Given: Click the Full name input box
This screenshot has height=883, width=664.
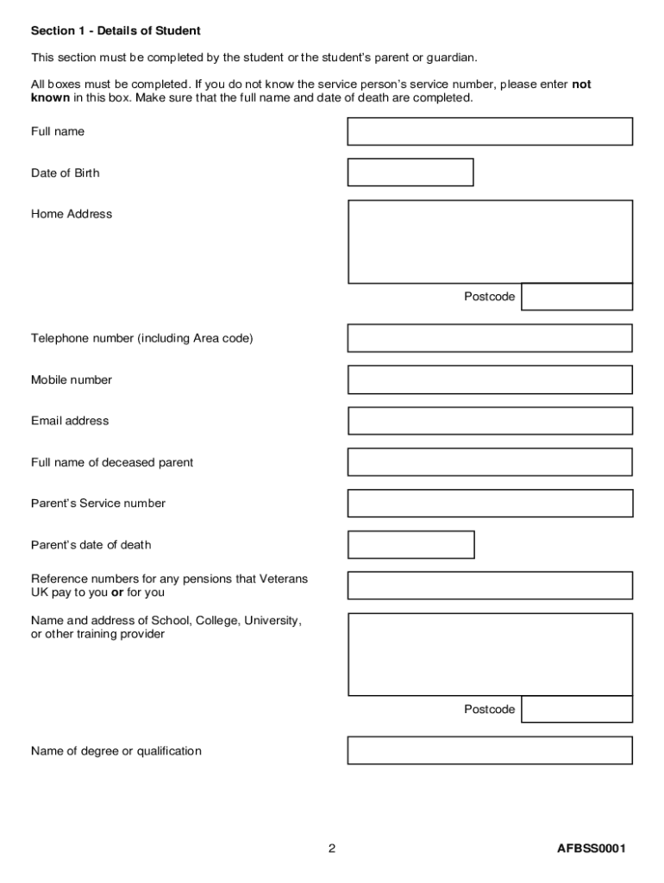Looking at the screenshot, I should (x=490, y=131).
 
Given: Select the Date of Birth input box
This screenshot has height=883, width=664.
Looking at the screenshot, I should (x=410, y=172).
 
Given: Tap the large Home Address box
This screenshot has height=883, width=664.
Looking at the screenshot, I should (x=490, y=241).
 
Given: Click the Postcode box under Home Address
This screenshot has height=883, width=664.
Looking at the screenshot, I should (x=577, y=297).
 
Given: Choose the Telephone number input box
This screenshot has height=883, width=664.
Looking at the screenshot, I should (x=490, y=338).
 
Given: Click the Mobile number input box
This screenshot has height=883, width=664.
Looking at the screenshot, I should (x=490, y=379).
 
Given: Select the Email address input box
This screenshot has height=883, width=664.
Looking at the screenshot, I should (x=490, y=421).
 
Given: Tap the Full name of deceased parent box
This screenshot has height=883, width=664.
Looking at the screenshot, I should (x=490, y=462).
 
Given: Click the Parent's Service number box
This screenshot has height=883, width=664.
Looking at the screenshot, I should (x=490, y=504).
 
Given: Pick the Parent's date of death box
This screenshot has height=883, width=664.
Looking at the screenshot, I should (x=410, y=545).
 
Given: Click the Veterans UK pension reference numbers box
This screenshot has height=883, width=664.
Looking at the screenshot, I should (x=490, y=586).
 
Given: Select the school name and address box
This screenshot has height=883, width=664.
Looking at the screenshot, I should (x=490, y=654).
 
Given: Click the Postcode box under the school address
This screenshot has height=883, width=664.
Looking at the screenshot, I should (x=577, y=710).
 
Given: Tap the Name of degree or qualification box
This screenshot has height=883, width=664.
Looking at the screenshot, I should (x=490, y=750).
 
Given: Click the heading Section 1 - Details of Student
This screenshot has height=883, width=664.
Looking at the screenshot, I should (x=116, y=31).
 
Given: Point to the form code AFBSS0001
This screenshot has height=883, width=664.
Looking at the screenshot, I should (x=591, y=849).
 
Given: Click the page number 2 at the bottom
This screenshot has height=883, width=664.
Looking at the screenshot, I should (x=331, y=849).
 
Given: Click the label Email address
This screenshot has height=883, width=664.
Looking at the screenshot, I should (x=70, y=421).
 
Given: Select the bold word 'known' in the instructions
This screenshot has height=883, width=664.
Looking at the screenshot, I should (x=50, y=98).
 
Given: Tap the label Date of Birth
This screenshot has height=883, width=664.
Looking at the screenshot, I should (x=65, y=173).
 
